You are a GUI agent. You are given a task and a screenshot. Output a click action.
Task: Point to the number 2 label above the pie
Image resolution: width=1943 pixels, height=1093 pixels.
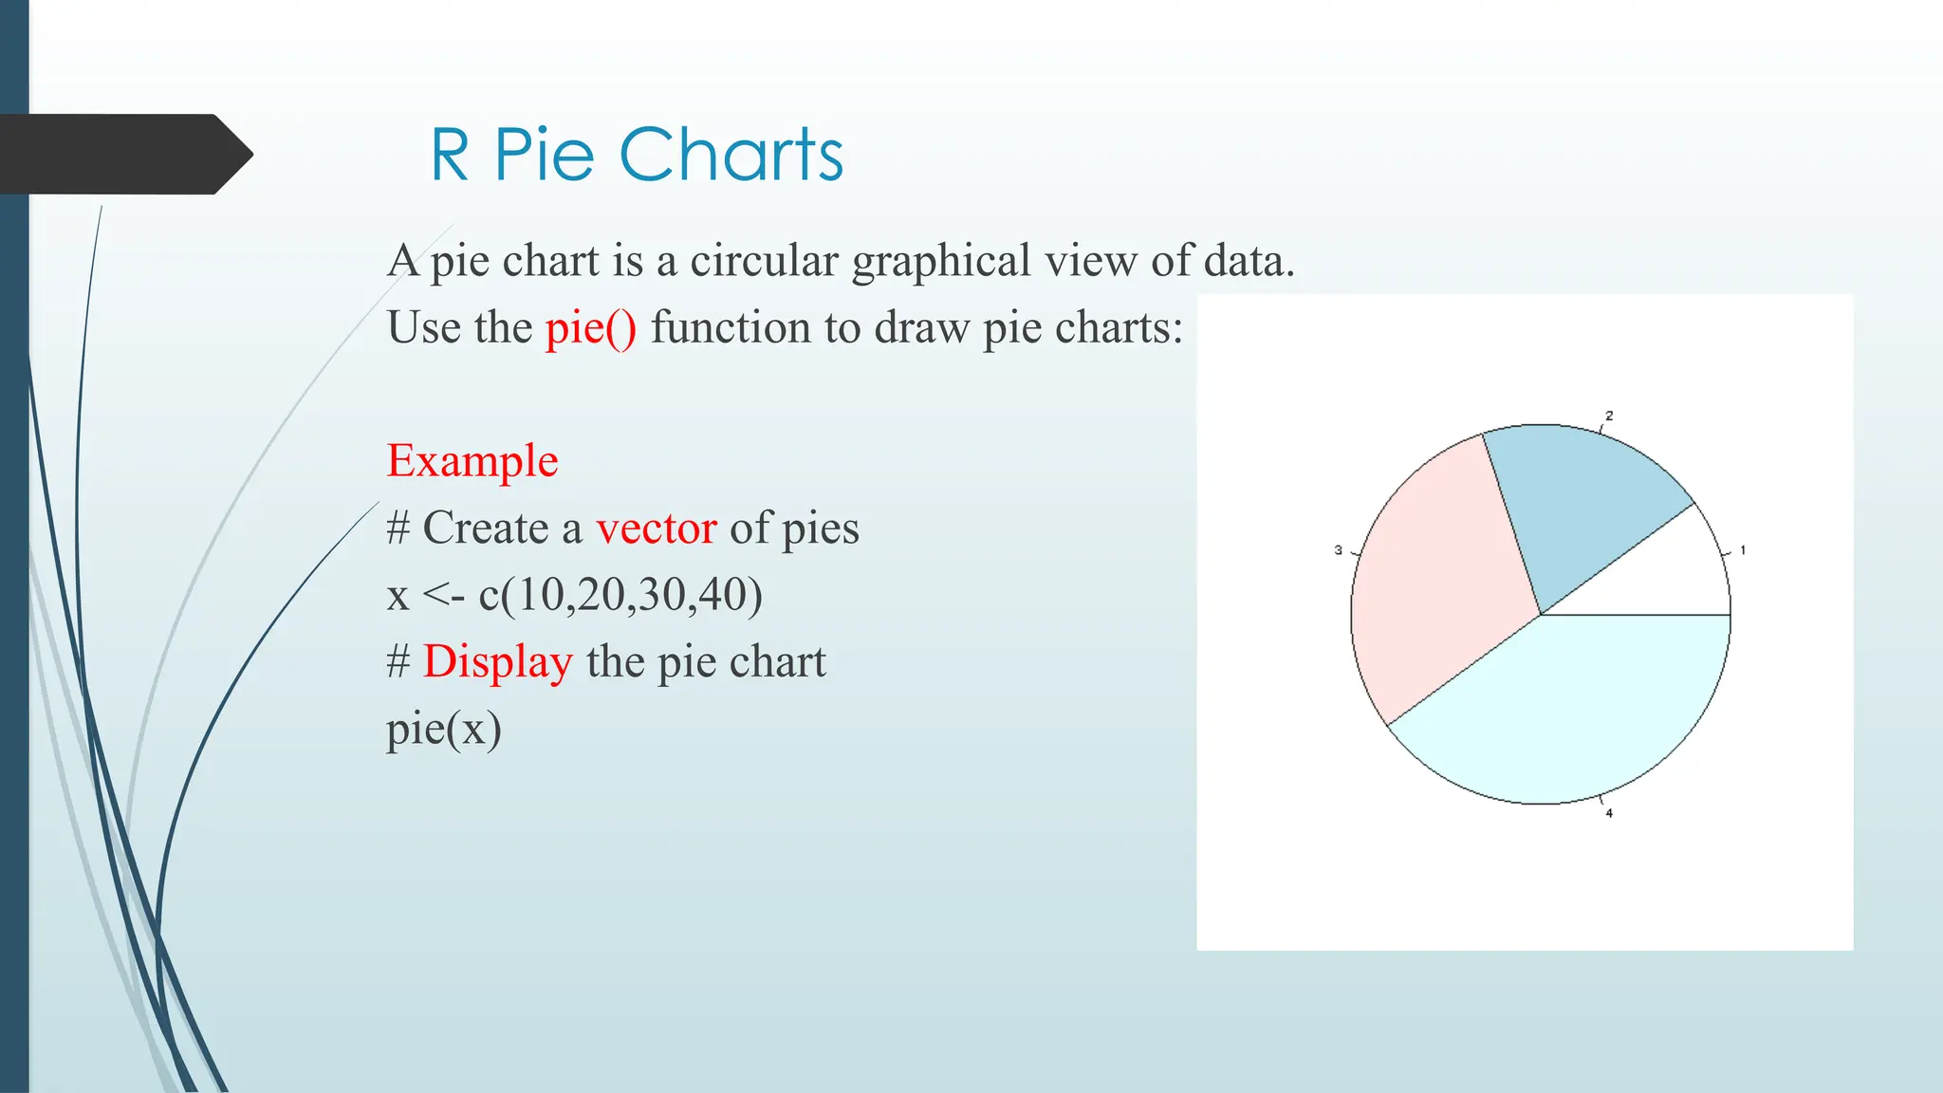[x=1609, y=416]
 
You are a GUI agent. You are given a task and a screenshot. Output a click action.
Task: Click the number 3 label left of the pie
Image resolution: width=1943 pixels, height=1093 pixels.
[x=1339, y=550]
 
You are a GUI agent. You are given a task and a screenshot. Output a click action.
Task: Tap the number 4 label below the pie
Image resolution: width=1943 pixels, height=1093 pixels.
[x=1609, y=813]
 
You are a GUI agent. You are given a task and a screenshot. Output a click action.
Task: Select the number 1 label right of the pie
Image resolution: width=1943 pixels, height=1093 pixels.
[x=1743, y=550]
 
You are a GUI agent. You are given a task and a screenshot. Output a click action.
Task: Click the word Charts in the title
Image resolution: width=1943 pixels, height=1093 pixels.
[x=731, y=155]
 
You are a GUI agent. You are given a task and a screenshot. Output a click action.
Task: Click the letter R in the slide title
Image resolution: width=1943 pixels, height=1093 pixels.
[x=450, y=155]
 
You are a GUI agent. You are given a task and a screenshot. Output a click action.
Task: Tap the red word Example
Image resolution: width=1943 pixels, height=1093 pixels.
[x=472, y=461]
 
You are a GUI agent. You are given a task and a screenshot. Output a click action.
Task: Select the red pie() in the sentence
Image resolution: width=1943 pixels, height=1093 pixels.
[x=591, y=328]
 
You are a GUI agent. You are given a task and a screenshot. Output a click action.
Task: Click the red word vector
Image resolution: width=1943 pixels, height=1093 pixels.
[x=657, y=528]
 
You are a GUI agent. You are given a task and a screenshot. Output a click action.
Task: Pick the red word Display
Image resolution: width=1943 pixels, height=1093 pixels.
[x=498, y=661]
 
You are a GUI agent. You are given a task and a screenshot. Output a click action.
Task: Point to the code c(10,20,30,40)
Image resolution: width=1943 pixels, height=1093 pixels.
[x=620, y=595]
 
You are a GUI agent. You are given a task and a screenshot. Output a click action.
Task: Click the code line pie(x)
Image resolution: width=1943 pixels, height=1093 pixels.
[x=444, y=729]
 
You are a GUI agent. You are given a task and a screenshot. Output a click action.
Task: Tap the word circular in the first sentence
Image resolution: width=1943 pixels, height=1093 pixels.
[x=764, y=261]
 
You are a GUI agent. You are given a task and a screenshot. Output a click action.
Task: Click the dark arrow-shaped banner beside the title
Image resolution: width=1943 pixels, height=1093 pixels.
[x=123, y=155]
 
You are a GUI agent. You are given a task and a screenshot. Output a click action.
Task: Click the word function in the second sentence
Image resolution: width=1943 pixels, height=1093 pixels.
[x=731, y=328]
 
